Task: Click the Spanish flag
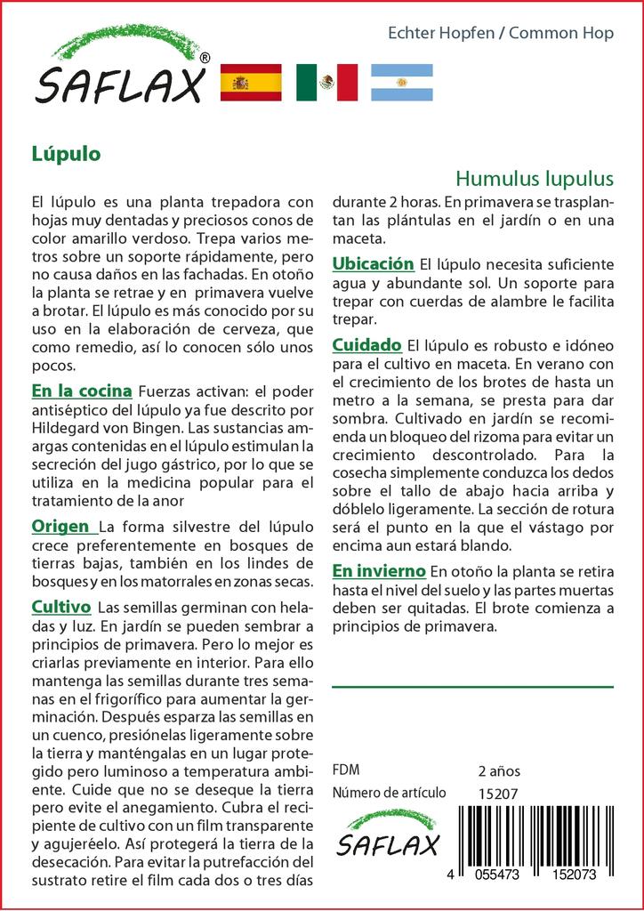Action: pos(251,83)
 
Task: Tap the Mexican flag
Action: pos(326,83)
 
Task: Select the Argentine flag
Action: pos(401,83)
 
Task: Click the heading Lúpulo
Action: pos(66,153)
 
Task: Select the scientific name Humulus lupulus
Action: pos(534,177)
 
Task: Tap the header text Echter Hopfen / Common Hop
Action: pos(501,34)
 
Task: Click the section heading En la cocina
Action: pos(82,391)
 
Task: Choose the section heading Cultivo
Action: pos(61,608)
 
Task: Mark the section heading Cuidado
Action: pos(366,344)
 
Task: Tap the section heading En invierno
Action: pos(379,570)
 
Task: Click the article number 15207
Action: pos(498,793)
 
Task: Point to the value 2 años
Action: pos(499,770)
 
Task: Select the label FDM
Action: pos(346,770)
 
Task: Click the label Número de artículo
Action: pos(389,793)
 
